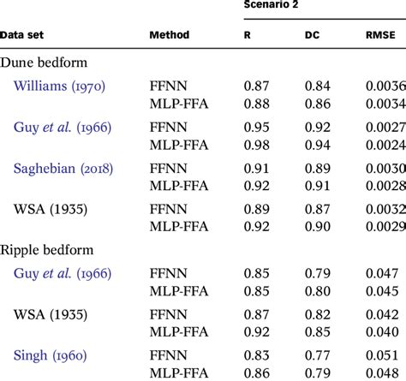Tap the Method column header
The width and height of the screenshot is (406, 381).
click(x=170, y=36)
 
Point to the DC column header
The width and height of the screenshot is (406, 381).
click(x=313, y=36)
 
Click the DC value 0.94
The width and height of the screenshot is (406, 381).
click(x=317, y=145)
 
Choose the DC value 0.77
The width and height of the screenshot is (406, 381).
click(x=317, y=354)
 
